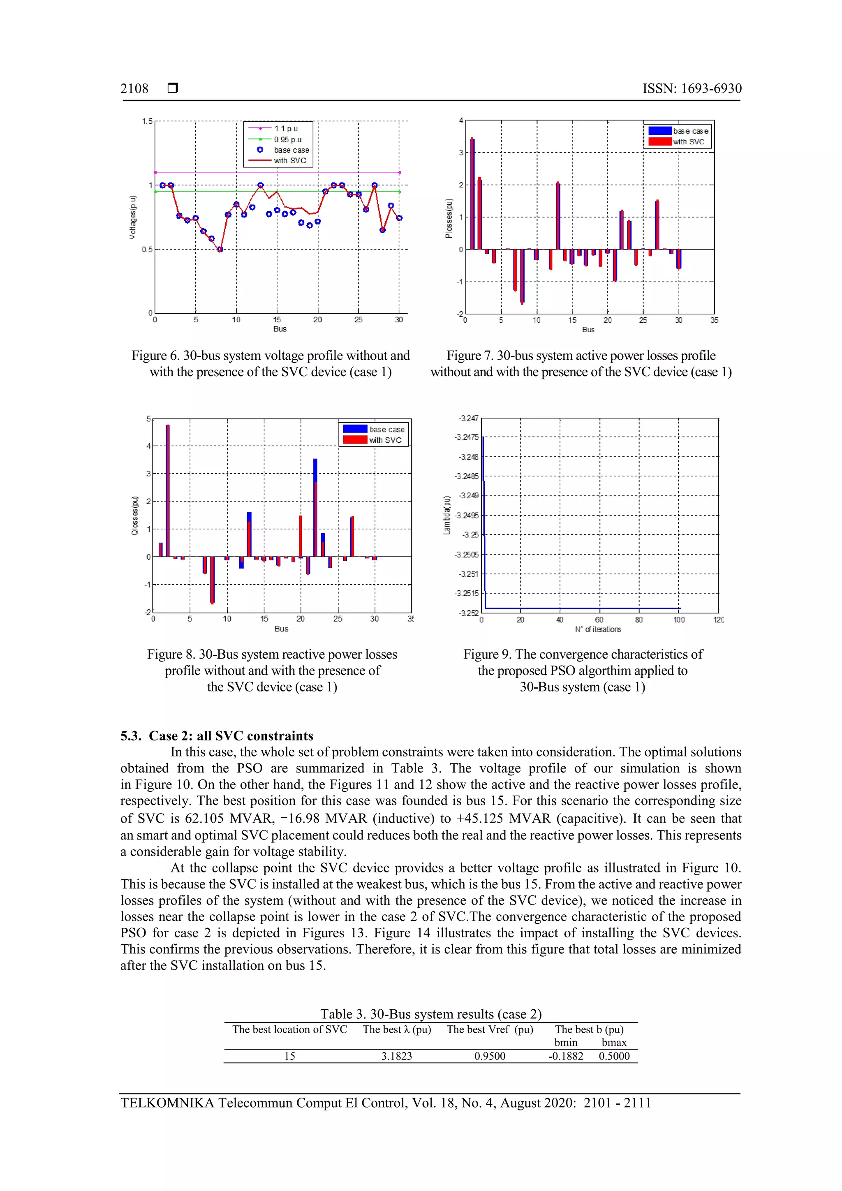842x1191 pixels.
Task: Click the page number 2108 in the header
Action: [x=134, y=89]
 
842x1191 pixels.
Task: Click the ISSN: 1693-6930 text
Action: [x=692, y=89]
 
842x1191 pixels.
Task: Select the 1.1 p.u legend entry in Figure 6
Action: [x=286, y=129]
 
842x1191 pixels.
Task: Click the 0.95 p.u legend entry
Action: [x=287, y=139]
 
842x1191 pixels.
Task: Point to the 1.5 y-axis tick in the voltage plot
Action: [x=147, y=121]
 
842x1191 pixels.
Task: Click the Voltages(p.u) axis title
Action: [x=133, y=217]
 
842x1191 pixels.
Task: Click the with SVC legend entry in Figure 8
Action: [x=385, y=440]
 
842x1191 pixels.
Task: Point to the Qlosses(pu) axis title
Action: [x=135, y=516]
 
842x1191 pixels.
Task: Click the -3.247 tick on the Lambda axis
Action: [x=468, y=418]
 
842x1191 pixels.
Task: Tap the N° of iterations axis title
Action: [x=598, y=629]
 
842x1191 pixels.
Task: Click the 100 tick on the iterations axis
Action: [x=679, y=620]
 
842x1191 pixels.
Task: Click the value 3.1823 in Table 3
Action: [x=396, y=1056]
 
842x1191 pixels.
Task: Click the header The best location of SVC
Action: [x=289, y=1029]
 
